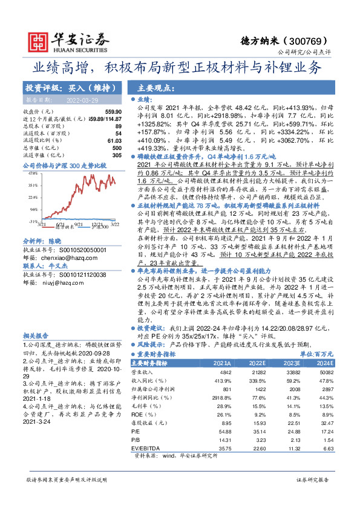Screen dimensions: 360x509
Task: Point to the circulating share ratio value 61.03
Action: pyautogui.click(x=113, y=141)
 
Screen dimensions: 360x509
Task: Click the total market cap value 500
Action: pyautogui.click(x=117, y=148)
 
